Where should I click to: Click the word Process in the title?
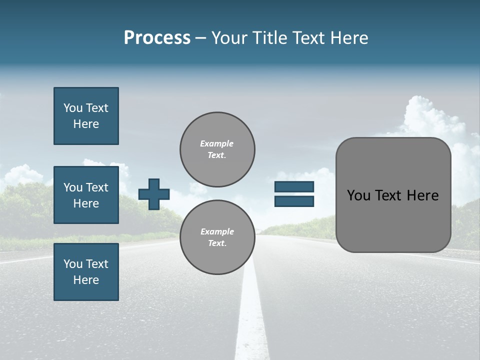pos(157,38)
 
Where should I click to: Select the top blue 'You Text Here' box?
pos(86,116)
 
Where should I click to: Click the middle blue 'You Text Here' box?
pos(86,195)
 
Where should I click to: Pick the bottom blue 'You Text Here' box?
pos(86,272)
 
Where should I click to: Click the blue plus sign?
pos(154,194)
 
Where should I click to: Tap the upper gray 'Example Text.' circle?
pos(217,149)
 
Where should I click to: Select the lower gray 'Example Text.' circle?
pos(217,237)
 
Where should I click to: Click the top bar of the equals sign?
pos(294,187)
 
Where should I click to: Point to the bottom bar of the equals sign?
pos(294,201)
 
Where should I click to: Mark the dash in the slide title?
pos(200,38)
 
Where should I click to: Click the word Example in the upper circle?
pos(216,143)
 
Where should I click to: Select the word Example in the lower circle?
pos(217,231)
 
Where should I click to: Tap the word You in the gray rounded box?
pos(358,195)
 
